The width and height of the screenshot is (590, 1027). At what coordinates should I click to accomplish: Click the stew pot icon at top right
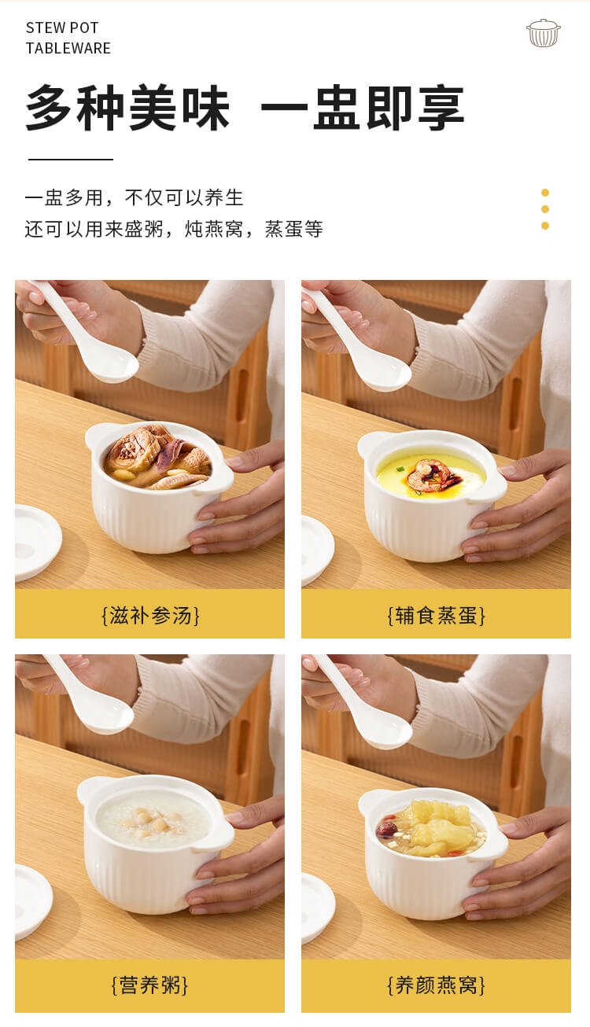pos(544,33)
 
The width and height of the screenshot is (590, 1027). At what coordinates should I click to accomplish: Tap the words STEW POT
pos(62,28)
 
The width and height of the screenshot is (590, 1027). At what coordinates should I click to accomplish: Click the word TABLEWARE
pos(68,48)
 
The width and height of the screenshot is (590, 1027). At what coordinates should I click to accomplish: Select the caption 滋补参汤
pos(150,615)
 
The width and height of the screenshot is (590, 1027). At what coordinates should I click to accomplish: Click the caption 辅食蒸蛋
pos(437,615)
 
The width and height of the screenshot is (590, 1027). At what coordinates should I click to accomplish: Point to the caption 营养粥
pos(150,985)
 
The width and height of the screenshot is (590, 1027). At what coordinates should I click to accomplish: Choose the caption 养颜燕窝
pos(437,985)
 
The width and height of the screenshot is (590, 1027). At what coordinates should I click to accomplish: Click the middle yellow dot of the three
pos(545,209)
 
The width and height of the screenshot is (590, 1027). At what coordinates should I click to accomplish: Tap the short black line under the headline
pos(71,160)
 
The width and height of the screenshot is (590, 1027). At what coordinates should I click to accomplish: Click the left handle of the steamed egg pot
pos(369,444)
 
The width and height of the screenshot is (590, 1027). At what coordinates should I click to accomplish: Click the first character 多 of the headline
pos(49,109)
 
